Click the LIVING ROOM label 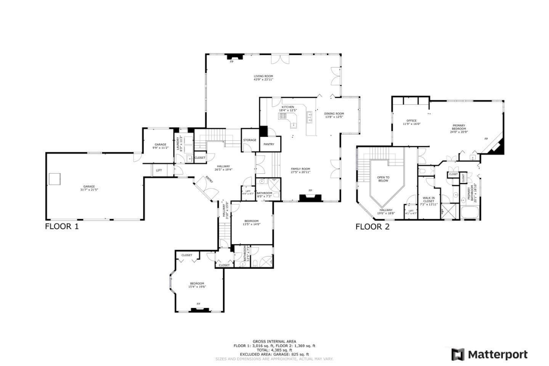coord(263,76)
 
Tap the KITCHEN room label coord(288,107)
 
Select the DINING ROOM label coord(334,114)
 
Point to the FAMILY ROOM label coord(300,169)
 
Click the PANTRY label coord(269,144)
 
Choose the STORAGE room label coord(250,140)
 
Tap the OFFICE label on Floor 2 coord(411,121)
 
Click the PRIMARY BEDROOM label coord(459,127)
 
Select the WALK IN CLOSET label coord(429,199)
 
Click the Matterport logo coord(490,355)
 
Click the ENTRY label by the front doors coord(209,179)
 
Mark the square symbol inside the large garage coord(55,178)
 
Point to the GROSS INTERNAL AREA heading coord(274,342)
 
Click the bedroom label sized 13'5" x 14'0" coord(252,221)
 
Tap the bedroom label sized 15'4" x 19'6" coord(197,283)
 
